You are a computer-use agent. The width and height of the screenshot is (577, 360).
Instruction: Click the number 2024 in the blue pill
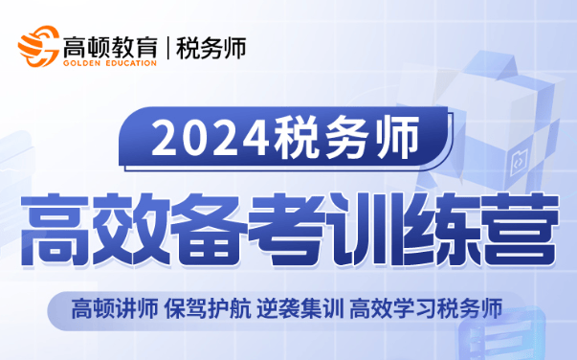click(207, 142)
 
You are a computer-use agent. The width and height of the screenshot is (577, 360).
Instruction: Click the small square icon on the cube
click(522, 158)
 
